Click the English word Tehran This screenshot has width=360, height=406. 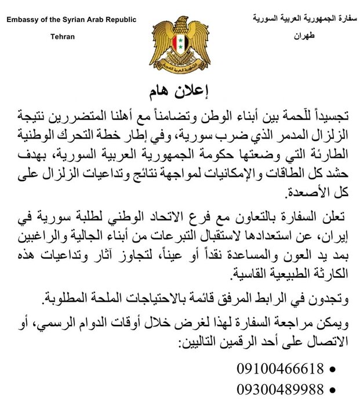tap(63, 36)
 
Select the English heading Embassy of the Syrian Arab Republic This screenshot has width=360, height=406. tap(71, 20)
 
